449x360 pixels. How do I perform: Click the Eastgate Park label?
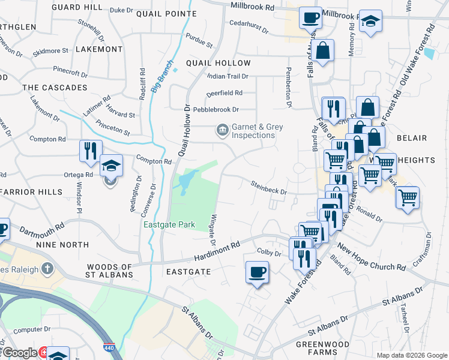(169, 225)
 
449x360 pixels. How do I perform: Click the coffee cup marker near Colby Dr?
(257, 273)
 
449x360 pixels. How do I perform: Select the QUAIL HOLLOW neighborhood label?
(218, 63)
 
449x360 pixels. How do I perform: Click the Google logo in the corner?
(19, 353)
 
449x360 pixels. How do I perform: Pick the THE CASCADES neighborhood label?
(55, 88)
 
